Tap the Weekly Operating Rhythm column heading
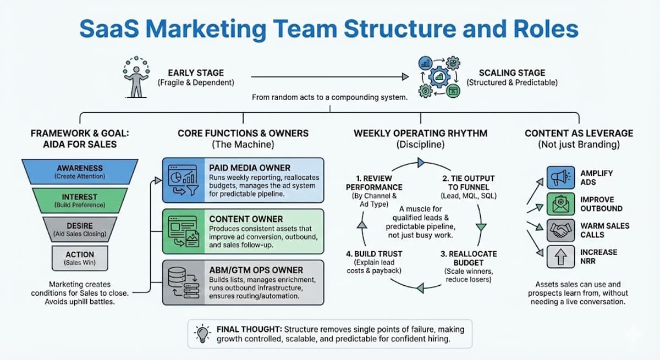click(x=420, y=133)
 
